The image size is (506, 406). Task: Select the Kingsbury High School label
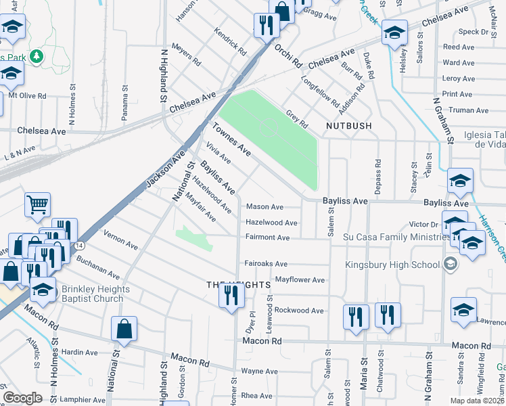pyautogui.click(x=392, y=265)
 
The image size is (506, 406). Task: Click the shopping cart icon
pyautogui.click(x=38, y=204)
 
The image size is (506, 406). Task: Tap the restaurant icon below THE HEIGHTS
pyautogui.click(x=231, y=296)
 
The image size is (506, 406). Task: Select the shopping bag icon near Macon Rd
pyautogui.click(x=124, y=330)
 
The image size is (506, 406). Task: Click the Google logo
pyautogui.click(x=22, y=398)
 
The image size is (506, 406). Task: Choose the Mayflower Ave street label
pyautogui.click(x=300, y=279)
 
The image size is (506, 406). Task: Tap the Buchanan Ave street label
pyautogui.click(x=97, y=267)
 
